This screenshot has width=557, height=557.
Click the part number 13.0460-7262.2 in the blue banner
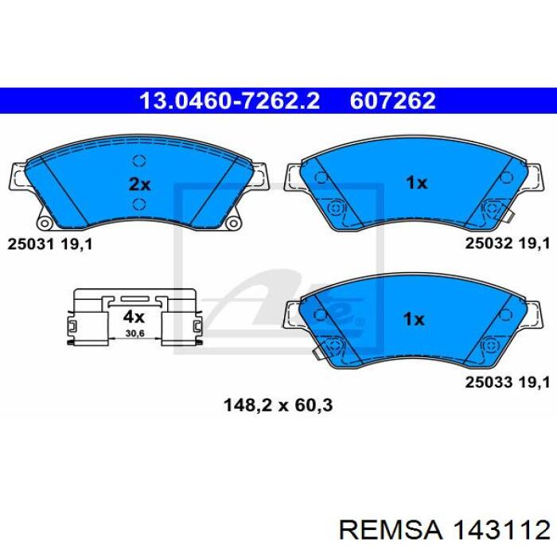(x=230, y=101)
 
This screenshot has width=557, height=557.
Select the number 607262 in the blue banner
(x=392, y=101)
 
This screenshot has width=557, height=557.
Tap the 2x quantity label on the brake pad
(x=139, y=185)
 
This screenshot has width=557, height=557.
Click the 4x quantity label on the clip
(x=134, y=317)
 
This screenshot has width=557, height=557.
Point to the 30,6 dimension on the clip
(x=134, y=333)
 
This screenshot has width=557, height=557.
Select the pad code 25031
(x=30, y=244)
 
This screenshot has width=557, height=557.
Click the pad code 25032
(x=489, y=243)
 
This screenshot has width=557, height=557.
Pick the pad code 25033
(x=489, y=382)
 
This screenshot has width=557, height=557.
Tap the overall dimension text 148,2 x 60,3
(x=278, y=405)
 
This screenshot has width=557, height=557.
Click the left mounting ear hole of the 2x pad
(x=45, y=224)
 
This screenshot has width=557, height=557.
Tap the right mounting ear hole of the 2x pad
(x=233, y=223)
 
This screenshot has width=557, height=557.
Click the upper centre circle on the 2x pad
(x=139, y=161)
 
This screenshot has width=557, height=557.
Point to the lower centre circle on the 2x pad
(x=139, y=204)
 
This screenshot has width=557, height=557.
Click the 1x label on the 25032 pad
(x=416, y=183)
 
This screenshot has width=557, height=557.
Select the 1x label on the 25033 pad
(x=414, y=320)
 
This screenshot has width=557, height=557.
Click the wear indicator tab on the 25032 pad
(x=509, y=216)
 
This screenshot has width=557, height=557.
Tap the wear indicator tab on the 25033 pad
(x=316, y=352)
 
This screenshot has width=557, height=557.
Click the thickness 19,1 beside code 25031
(x=76, y=244)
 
